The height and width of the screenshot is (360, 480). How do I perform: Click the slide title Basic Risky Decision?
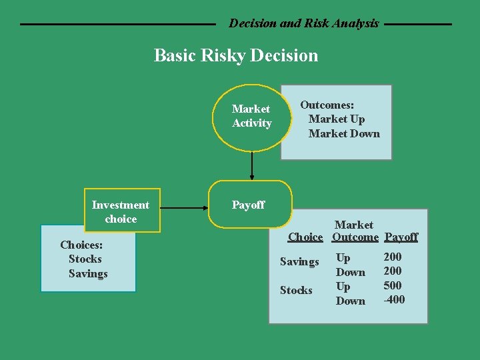[x=236, y=55]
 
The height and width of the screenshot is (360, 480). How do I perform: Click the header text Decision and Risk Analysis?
[x=303, y=23]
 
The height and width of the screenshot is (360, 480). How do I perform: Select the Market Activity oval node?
[x=251, y=116]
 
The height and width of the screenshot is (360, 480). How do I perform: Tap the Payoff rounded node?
[x=250, y=205]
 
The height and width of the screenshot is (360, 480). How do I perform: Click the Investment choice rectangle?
[x=121, y=211]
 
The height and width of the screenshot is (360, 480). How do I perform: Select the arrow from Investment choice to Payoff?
[x=185, y=208]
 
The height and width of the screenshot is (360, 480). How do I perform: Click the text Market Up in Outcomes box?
[x=336, y=119]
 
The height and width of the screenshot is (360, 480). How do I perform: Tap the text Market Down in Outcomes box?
[x=343, y=133]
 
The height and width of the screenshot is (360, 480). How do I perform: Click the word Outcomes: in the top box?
[x=327, y=105]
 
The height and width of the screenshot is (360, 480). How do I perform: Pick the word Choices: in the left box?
[x=81, y=245]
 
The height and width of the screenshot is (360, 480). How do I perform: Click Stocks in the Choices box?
[x=85, y=259]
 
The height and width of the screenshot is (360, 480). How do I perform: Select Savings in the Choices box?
[x=88, y=273]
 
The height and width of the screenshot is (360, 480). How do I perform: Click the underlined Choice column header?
[x=305, y=237]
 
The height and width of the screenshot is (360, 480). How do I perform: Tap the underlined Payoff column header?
[x=401, y=237]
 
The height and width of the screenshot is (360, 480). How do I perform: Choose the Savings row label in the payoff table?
[x=299, y=262]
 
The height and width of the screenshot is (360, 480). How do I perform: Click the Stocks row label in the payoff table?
[x=296, y=290]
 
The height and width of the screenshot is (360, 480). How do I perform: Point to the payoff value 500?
[x=393, y=286]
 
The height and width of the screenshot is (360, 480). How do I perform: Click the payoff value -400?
[x=393, y=300]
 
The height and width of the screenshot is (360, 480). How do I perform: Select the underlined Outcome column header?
[x=355, y=237]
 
